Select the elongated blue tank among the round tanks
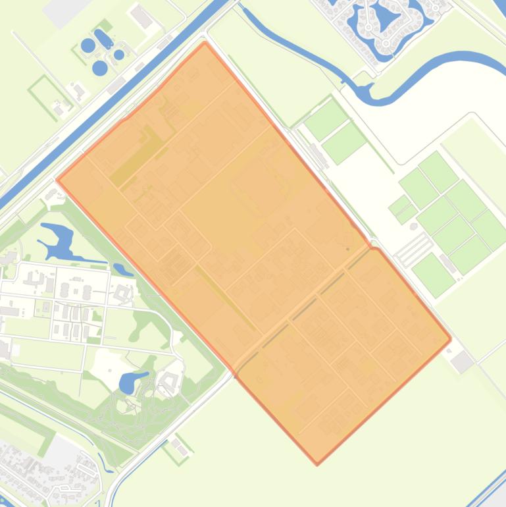pyautogui.click(x=103, y=40)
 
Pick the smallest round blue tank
pyautogui.click(x=119, y=55)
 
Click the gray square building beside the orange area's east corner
pyautogui.click(x=463, y=361)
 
